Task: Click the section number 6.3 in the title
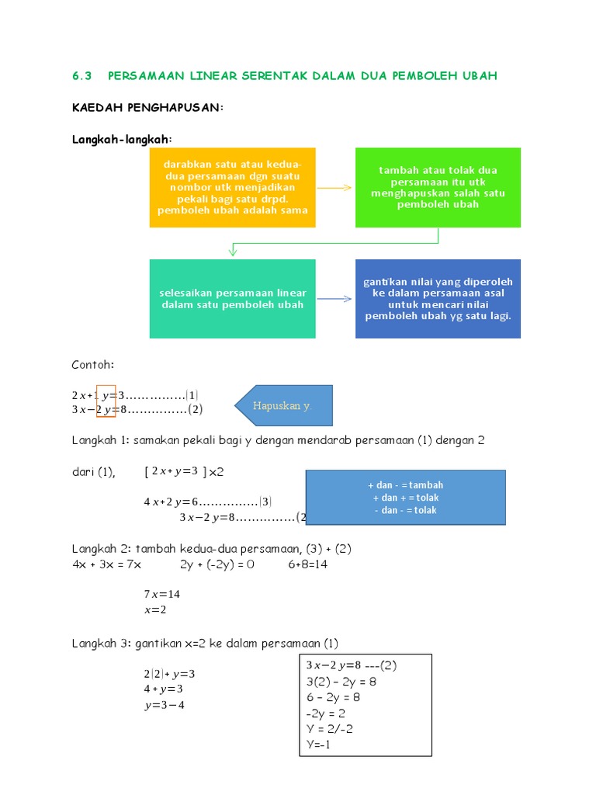(x=81, y=75)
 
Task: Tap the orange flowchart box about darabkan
(x=232, y=187)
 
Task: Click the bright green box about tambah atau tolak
(x=438, y=187)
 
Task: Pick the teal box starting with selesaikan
(x=232, y=299)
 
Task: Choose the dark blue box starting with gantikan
(x=438, y=299)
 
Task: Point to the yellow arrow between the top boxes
(x=335, y=188)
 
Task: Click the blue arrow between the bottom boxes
(x=335, y=299)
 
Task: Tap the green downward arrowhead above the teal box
(x=232, y=251)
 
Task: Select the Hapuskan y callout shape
(x=284, y=405)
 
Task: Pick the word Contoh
(x=92, y=364)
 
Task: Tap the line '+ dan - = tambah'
(x=406, y=485)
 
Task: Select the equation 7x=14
(x=161, y=594)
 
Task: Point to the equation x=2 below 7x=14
(x=155, y=610)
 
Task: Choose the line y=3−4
(x=164, y=705)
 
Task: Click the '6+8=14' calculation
(x=307, y=564)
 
